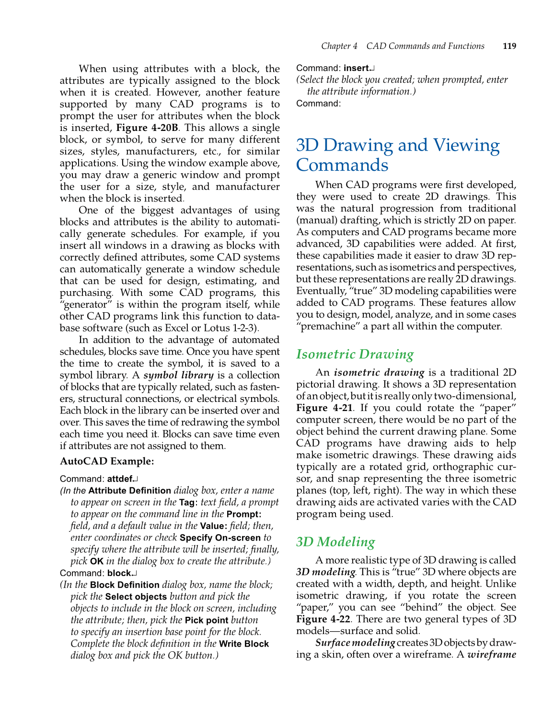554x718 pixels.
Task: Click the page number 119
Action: (509, 46)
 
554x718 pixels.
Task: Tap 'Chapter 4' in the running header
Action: (339, 46)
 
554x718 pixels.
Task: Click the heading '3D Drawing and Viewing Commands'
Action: (397, 155)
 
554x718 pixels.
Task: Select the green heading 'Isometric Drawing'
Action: (355, 354)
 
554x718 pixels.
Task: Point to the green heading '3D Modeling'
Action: (335, 542)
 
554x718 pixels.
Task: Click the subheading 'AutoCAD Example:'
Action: (107, 461)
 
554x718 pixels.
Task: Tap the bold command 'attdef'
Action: (120, 479)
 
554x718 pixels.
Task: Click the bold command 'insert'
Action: (356, 68)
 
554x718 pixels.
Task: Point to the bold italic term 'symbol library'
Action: (178, 376)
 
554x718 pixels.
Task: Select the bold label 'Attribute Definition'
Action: (129, 491)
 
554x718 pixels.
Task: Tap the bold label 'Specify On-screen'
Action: (220, 538)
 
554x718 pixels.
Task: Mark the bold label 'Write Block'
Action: (243, 644)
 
